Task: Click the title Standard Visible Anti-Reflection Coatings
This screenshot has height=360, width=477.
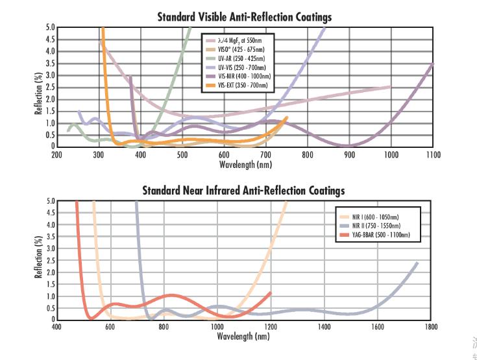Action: click(244, 17)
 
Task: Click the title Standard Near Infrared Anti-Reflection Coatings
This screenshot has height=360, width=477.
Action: click(244, 190)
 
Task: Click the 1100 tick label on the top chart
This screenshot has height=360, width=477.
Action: click(433, 155)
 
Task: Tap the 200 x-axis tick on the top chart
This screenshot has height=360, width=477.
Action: click(56, 155)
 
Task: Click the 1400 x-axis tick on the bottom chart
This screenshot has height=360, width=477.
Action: click(324, 328)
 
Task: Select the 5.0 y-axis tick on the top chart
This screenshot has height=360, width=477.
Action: click(50, 27)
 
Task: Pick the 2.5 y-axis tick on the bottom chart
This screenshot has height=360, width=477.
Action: click(50, 260)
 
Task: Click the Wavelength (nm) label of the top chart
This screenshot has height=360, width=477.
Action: click(245, 165)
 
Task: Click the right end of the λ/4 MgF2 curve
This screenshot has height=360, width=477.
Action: click(391, 86)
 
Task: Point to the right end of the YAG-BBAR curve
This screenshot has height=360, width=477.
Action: click(270, 293)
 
